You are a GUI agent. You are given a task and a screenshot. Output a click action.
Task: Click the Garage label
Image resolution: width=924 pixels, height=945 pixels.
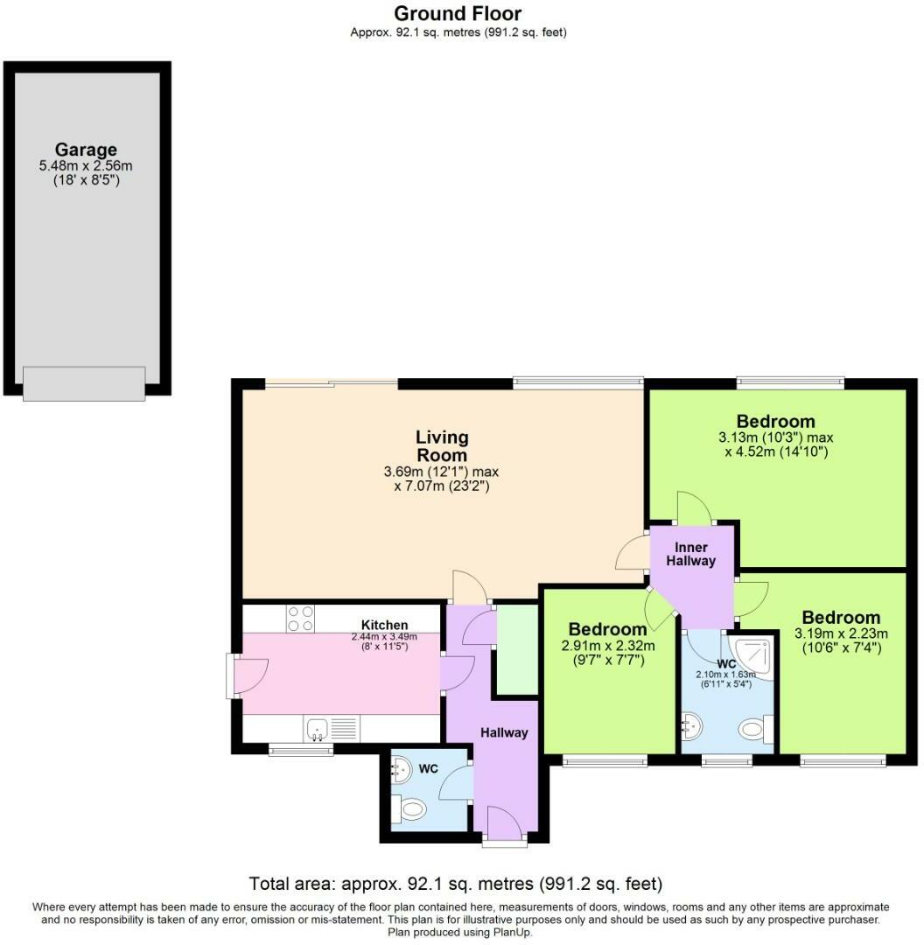[x=86, y=150]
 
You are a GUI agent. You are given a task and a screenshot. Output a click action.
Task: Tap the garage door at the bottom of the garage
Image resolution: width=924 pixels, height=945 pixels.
[x=84, y=383]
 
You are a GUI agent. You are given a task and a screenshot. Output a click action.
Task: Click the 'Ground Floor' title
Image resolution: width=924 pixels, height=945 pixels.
[x=458, y=13]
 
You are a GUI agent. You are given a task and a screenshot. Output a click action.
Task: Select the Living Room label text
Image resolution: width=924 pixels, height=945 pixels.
[x=441, y=445]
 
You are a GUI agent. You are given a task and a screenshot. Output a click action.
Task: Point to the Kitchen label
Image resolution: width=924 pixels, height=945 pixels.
[x=385, y=625]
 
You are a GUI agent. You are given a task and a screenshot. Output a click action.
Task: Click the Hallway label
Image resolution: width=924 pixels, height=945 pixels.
[x=503, y=732]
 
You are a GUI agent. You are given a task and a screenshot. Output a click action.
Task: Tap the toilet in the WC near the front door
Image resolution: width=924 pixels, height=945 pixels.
[x=409, y=810]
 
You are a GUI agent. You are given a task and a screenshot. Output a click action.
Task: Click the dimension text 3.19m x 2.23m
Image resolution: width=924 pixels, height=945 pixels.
[x=840, y=633]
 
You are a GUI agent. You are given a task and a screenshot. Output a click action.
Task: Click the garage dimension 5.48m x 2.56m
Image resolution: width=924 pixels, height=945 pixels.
[x=86, y=165]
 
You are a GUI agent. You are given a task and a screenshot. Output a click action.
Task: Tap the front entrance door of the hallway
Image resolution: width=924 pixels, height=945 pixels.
[x=504, y=827]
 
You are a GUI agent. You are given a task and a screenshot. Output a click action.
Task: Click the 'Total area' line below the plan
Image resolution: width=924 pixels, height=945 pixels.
[x=456, y=883]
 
